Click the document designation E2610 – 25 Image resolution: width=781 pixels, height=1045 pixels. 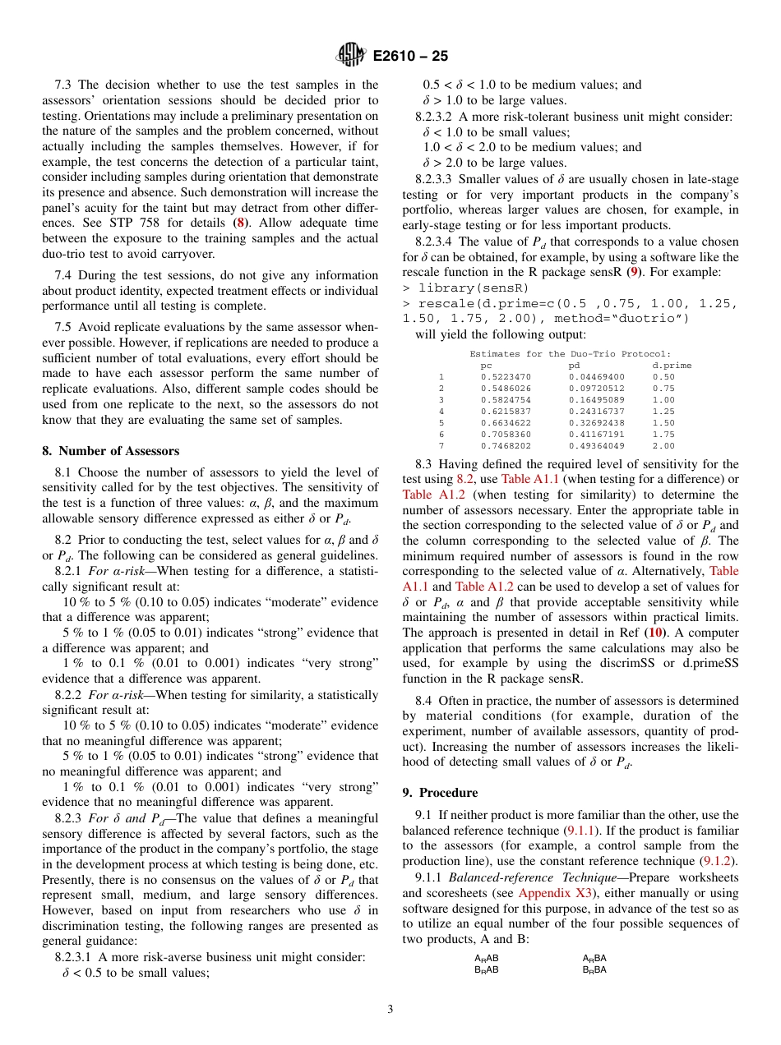point(410,57)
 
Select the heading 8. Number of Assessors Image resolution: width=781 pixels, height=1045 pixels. point(110,451)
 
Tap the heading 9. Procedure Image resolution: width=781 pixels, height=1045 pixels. point(439,793)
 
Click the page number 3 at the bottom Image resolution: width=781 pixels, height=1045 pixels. point(390,1009)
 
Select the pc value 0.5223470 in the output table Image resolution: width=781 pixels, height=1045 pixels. point(506,377)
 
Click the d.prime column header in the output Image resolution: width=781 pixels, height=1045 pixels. point(672,366)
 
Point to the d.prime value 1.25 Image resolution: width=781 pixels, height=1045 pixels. point(663,412)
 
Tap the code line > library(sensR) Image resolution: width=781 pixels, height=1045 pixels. point(465,288)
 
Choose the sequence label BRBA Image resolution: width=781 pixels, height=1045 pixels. point(594,969)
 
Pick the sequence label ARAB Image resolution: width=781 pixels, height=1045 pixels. point(487,958)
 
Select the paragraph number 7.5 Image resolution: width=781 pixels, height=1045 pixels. point(65,324)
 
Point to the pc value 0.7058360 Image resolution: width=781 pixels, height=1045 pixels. point(506,435)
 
